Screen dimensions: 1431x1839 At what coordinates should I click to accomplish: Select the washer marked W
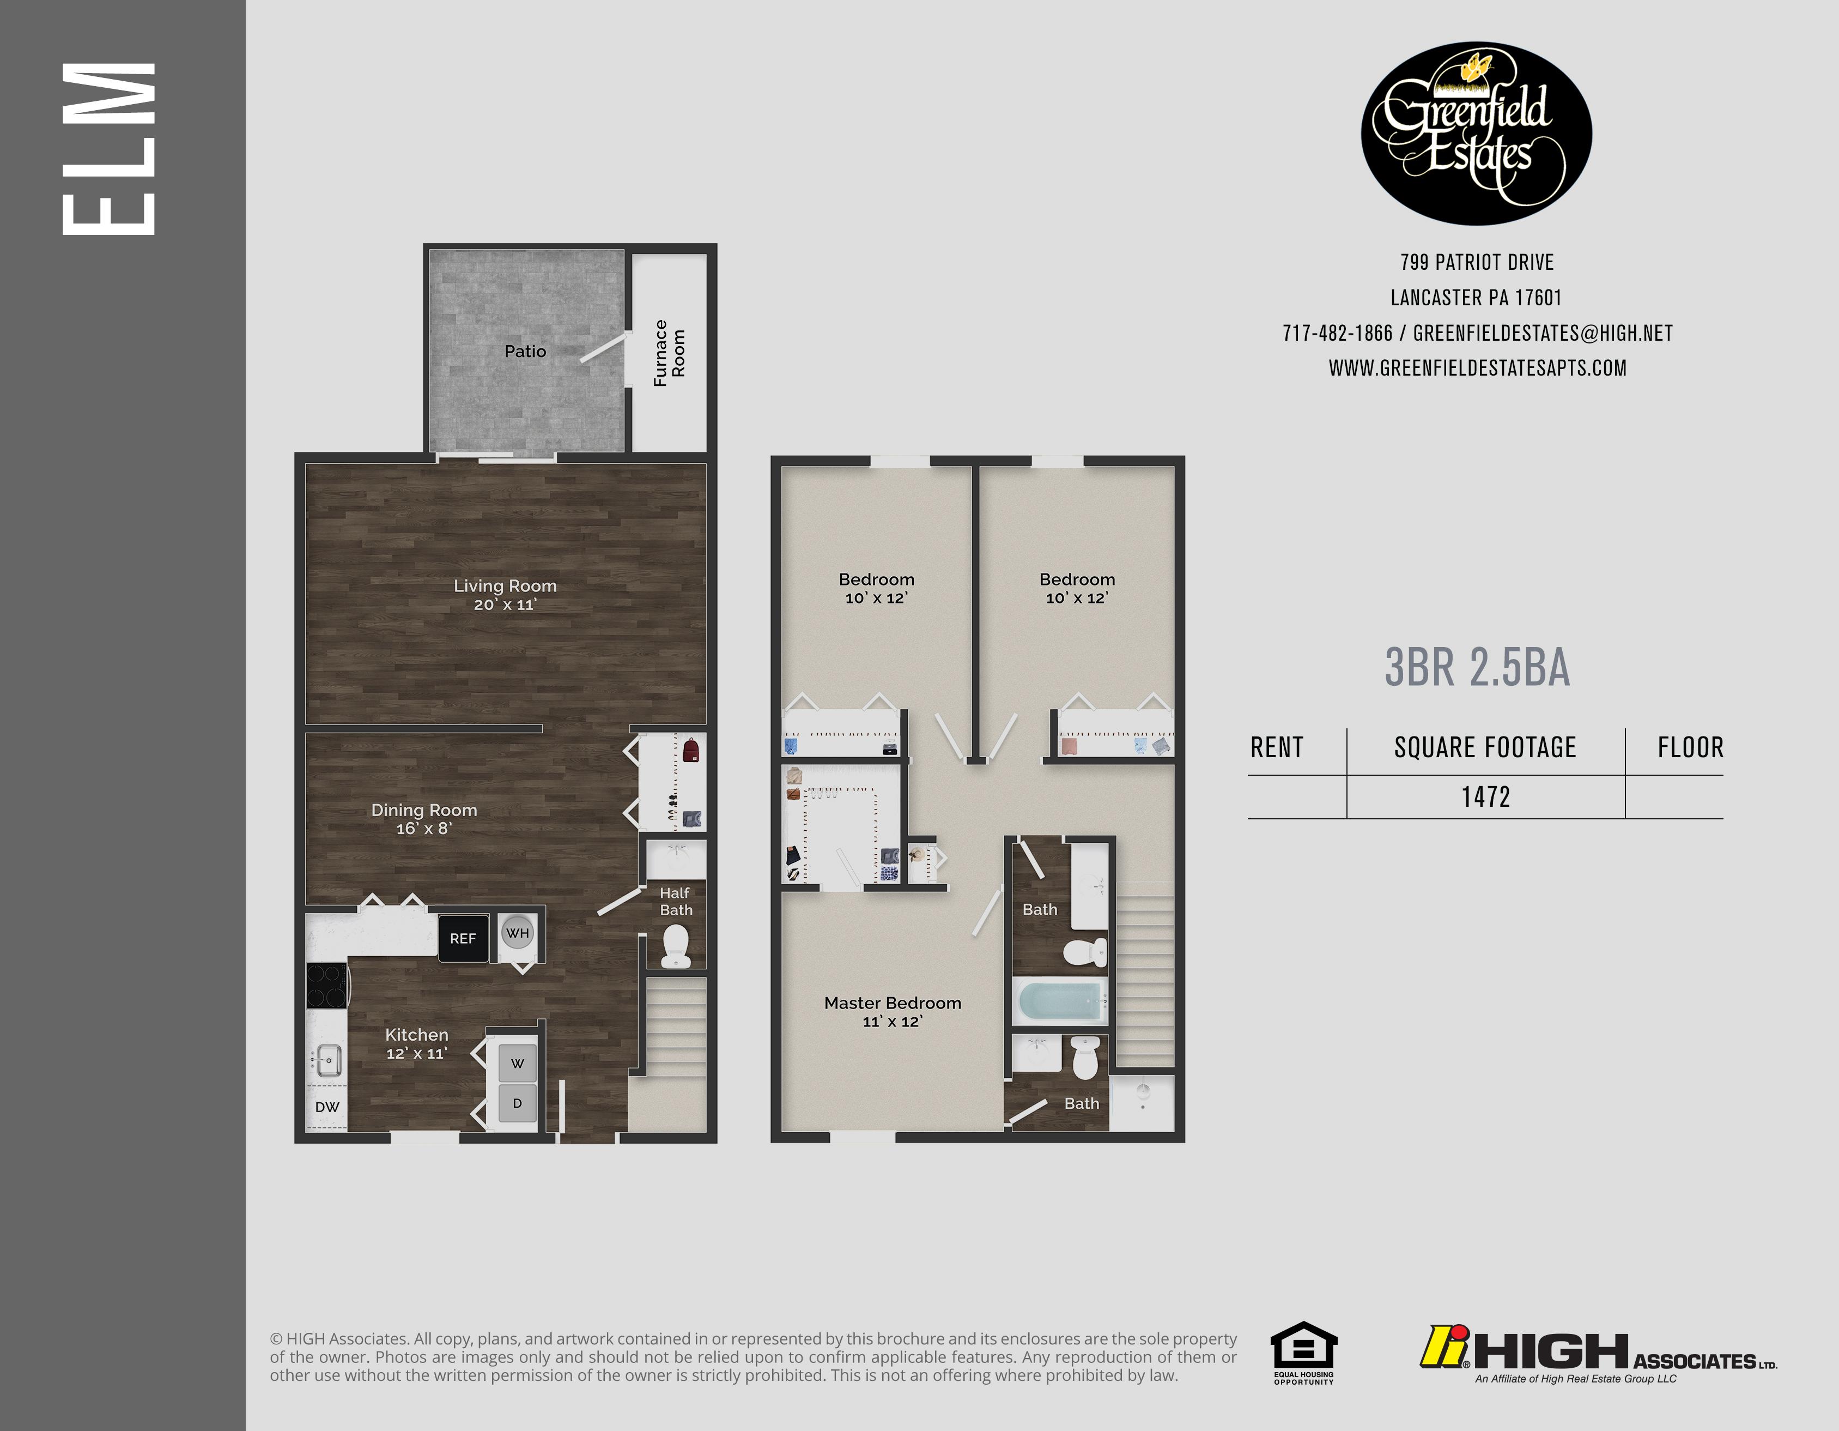pyautogui.click(x=517, y=1063)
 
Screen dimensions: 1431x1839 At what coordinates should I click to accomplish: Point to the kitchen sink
pyautogui.click(x=327, y=1060)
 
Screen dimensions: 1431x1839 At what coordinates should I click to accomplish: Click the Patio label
pyautogui.click(x=525, y=351)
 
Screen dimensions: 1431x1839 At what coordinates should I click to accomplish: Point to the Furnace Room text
pyautogui.click(x=670, y=353)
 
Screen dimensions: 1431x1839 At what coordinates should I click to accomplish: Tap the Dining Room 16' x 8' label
pyautogui.click(x=423, y=818)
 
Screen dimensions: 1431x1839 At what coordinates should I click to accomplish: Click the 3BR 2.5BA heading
pyautogui.click(x=1477, y=668)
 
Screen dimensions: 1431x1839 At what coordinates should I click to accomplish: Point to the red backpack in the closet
pyautogui.click(x=690, y=750)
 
